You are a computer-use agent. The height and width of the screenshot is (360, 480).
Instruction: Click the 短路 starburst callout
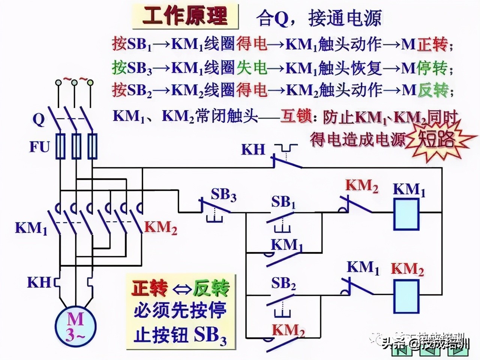tap(437, 140)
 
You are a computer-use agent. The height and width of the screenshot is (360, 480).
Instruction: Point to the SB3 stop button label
tap(223, 195)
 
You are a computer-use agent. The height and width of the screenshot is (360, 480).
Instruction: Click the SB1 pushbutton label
tap(283, 202)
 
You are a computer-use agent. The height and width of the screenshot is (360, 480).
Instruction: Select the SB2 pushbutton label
tap(283, 284)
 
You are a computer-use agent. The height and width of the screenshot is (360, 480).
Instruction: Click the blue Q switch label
tap(39, 119)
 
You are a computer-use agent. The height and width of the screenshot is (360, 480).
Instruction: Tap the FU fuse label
tap(40, 147)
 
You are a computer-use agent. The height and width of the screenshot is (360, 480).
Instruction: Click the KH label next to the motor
tap(39, 282)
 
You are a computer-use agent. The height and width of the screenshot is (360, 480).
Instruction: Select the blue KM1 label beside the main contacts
tap(31, 228)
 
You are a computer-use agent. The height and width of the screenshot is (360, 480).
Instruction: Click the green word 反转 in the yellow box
tap(211, 288)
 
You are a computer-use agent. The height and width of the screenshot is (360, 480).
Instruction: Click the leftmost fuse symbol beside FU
tap(60, 146)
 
